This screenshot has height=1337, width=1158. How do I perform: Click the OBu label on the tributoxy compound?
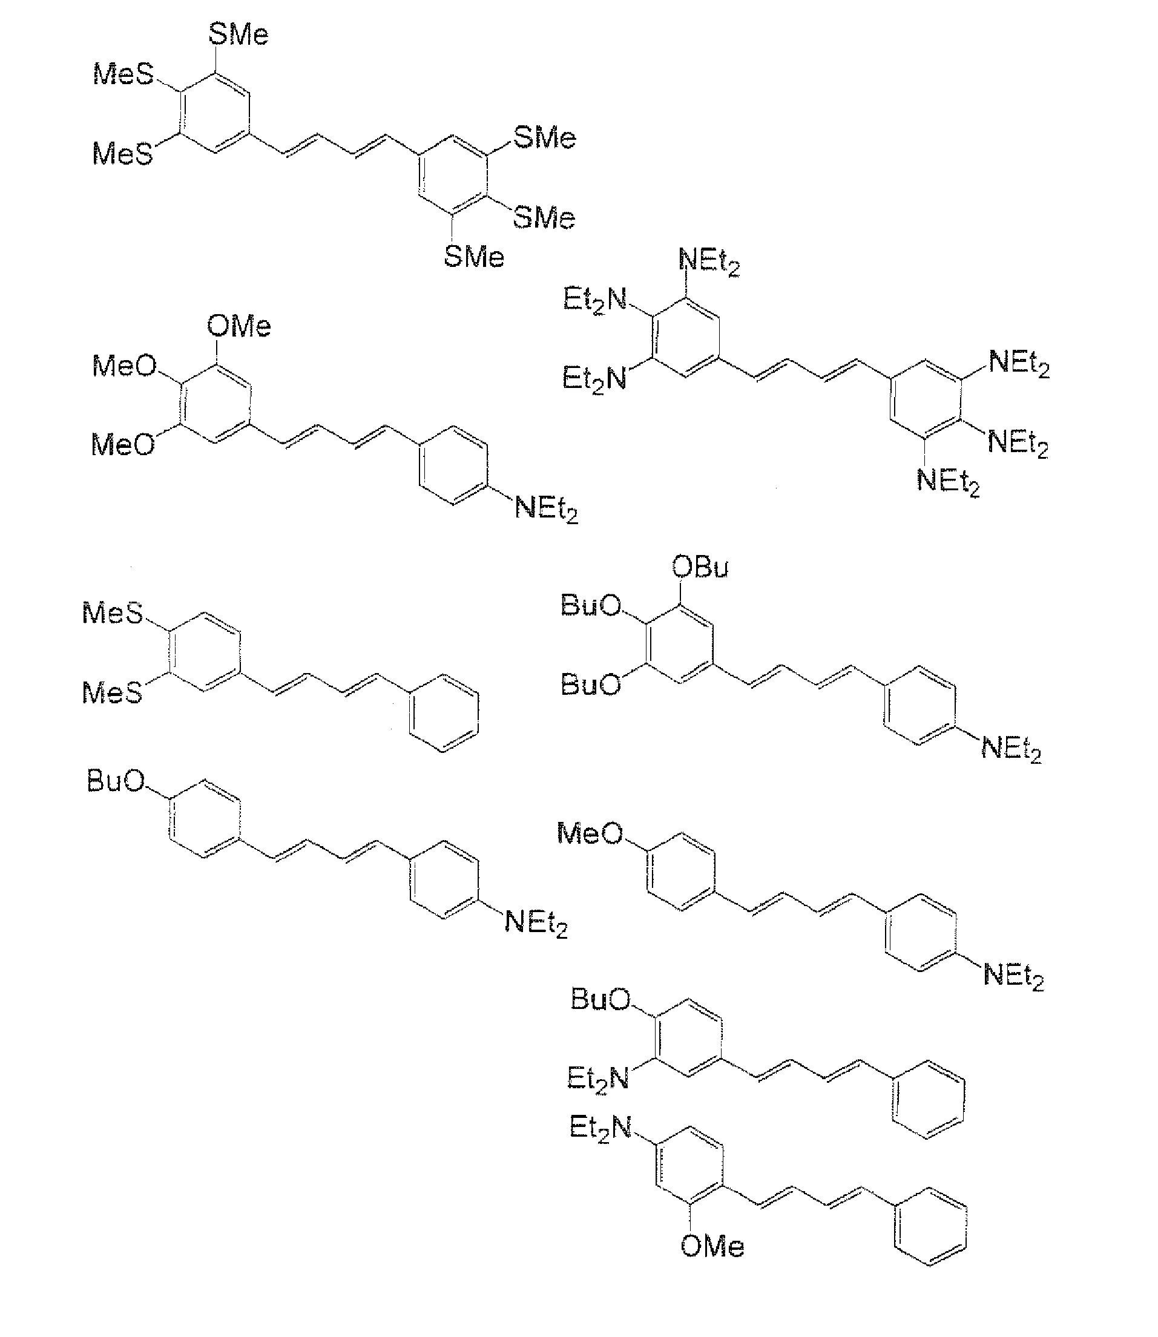click(699, 567)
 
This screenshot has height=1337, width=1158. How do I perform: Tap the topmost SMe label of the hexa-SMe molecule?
click(238, 34)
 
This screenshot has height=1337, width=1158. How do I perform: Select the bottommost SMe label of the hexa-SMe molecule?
click(473, 257)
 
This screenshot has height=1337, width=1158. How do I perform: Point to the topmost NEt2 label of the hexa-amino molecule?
click(709, 261)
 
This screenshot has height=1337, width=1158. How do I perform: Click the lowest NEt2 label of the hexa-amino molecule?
click(947, 481)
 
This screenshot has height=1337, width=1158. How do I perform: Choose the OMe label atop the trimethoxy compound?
click(238, 326)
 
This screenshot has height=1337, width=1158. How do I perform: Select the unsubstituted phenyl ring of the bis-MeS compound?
click(444, 714)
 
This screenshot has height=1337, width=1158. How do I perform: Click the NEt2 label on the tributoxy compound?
click(1011, 749)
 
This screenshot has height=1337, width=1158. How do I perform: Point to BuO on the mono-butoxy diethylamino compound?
click(116, 782)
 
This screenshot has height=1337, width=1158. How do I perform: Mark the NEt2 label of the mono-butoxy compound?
click(536, 921)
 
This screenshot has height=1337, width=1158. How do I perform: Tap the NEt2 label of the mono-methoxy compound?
click(1013, 975)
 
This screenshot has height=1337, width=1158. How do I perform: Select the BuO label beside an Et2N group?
click(600, 999)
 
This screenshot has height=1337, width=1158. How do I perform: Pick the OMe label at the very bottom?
click(711, 1246)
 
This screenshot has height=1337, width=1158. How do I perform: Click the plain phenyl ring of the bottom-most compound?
click(930, 1226)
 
